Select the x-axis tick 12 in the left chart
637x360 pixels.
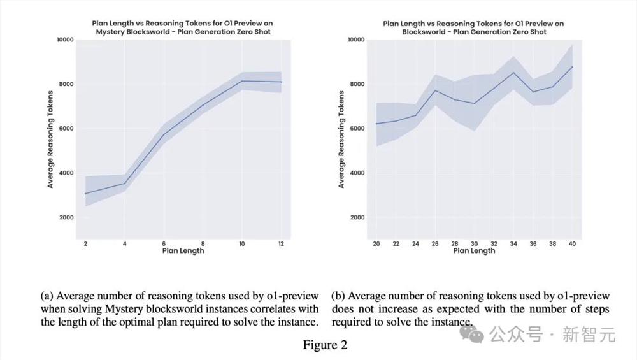(281, 244)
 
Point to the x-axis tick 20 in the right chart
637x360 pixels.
(376, 244)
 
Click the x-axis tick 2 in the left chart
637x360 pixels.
(85, 244)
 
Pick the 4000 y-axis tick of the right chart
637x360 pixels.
(356, 173)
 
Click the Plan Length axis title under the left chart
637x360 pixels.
(183, 251)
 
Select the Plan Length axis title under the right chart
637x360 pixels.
(473, 251)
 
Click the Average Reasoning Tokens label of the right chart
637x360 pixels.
(341, 140)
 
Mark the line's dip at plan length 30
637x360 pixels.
(474, 103)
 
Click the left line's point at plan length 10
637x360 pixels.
(242, 81)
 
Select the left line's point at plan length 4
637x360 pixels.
(125, 184)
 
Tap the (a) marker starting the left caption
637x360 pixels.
(47, 296)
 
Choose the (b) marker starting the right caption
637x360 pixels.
(338, 296)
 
